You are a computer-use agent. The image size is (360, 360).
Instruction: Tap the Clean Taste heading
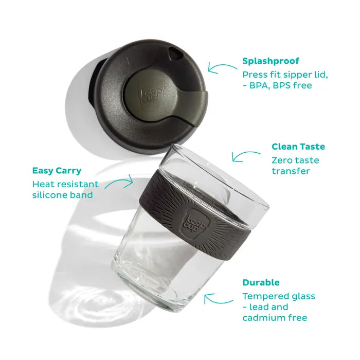(x=298, y=147)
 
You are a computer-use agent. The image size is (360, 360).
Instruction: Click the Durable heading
(x=261, y=282)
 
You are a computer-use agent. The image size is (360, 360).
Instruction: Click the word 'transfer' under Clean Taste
(x=291, y=171)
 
